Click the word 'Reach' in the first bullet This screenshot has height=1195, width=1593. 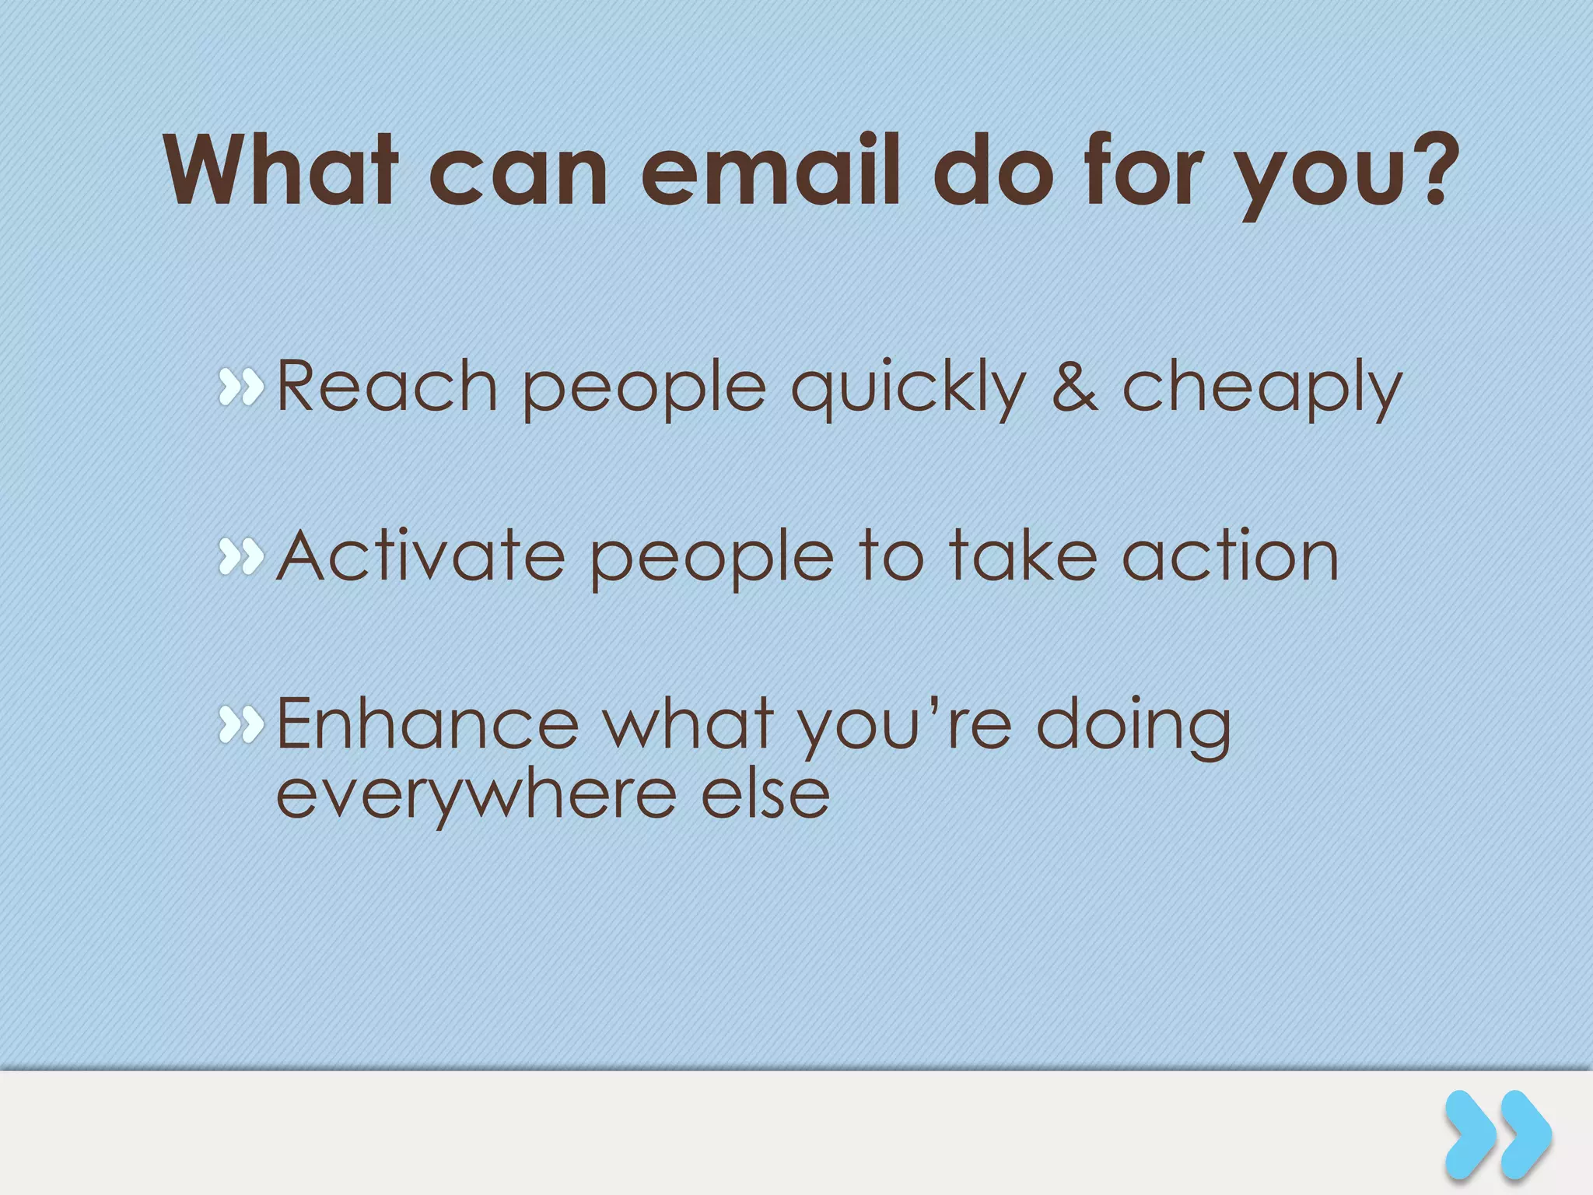pos(387,387)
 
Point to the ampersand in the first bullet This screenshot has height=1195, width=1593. pos(1074,387)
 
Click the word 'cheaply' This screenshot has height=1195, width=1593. pos(1262,389)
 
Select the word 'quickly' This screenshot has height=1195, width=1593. pos(908,389)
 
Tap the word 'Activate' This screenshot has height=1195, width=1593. pos(421,555)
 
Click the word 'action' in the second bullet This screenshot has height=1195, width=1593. pos(1230,555)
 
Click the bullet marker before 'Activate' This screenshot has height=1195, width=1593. pos(241,557)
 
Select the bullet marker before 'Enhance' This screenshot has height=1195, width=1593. pos(241,726)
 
